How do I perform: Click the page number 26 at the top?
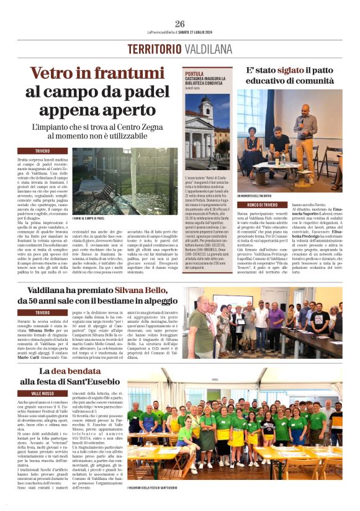tap(180, 24)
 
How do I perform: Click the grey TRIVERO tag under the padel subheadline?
tap(43, 151)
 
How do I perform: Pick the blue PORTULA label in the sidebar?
tap(194, 73)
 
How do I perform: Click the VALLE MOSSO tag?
tap(43, 394)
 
